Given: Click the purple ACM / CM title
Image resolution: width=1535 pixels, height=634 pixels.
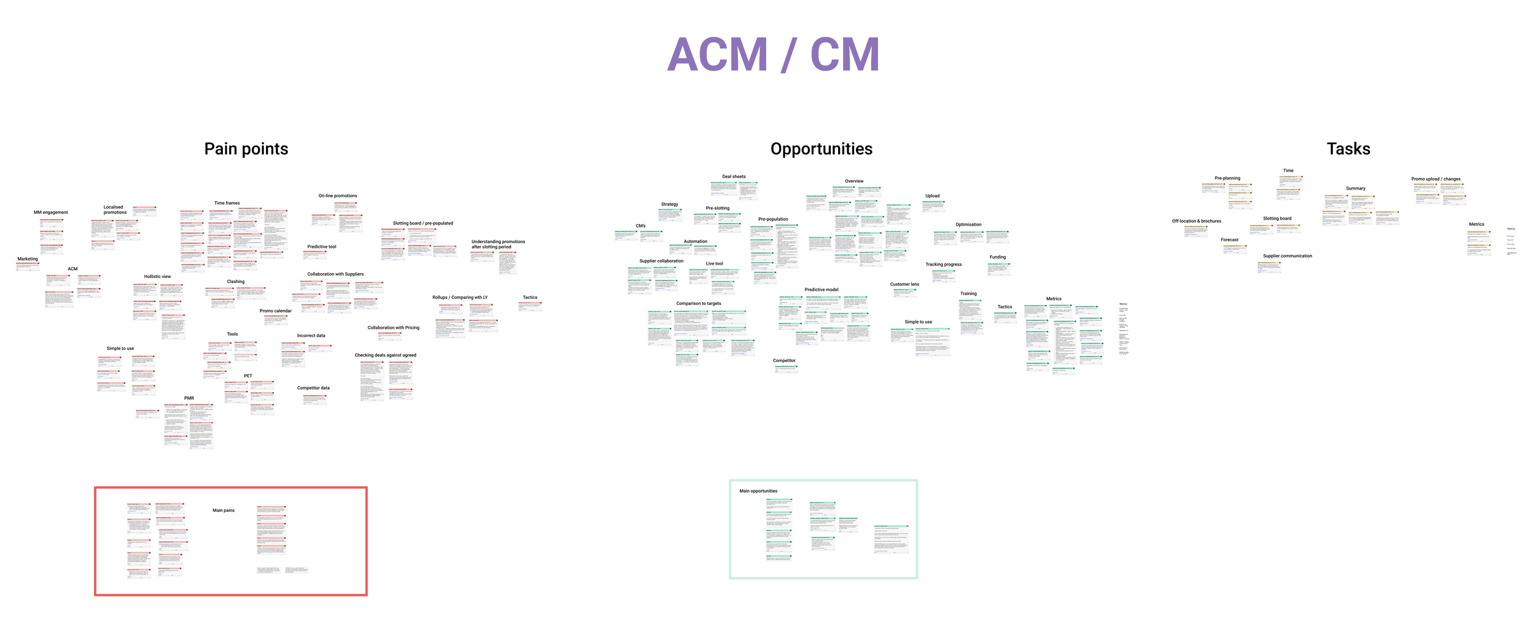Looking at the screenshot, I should (x=773, y=55).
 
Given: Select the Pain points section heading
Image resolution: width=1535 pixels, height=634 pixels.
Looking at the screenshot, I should (x=246, y=149).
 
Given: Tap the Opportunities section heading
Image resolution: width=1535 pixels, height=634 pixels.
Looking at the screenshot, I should (x=821, y=149).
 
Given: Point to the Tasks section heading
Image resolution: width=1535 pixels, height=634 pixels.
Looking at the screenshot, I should (x=1348, y=149).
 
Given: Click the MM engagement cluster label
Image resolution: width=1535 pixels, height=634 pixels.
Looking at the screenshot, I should (x=50, y=212).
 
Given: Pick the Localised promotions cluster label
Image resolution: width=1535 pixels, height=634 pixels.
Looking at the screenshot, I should (x=114, y=210).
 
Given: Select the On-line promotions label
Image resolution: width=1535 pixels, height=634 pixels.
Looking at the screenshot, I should (x=337, y=196).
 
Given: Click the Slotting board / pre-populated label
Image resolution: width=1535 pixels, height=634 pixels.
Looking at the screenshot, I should (x=422, y=223).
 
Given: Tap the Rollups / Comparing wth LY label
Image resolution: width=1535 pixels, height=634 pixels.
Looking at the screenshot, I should (x=459, y=298).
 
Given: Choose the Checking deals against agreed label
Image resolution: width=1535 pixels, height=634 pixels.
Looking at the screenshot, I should (x=385, y=355).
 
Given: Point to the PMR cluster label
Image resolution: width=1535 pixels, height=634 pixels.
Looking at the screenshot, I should (x=189, y=398).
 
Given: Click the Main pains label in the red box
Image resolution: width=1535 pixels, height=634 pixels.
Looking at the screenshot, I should (x=223, y=511).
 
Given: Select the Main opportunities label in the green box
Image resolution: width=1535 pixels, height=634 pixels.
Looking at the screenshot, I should (x=758, y=491).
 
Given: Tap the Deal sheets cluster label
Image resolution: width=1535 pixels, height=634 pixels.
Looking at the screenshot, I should (x=734, y=177).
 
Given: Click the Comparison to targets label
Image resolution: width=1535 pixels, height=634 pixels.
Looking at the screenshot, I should (x=698, y=304).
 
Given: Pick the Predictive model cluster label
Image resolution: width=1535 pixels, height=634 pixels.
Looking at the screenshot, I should (x=821, y=290).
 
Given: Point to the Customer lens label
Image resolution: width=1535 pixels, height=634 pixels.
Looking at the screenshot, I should (x=904, y=285).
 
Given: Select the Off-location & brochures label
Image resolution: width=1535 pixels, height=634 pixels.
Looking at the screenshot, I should (x=1196, y=222).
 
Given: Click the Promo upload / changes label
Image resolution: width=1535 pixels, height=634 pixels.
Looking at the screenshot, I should (x=1436, y=179).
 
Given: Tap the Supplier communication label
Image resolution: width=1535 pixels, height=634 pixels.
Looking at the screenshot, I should (x=1287, y=257).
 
